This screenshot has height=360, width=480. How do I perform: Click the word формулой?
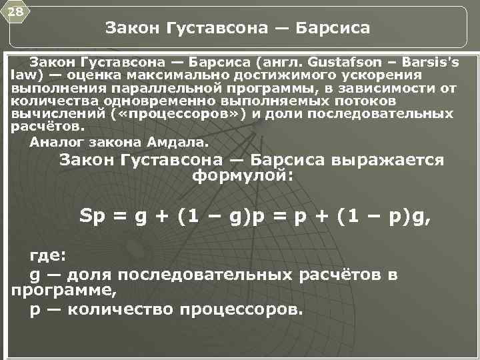(241, 176)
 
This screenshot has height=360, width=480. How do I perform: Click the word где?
(48, 257)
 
